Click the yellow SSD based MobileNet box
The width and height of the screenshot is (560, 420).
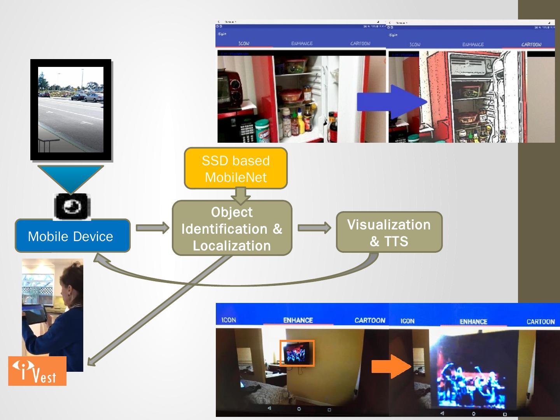point(236,168)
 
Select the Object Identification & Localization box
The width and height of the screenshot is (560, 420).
point(232,228)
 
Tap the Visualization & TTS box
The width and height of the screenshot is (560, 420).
point(389,232)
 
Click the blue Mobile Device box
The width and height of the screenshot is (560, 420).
point(72,236)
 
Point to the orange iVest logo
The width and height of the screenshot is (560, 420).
point(37,371)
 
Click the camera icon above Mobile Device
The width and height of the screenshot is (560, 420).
point(72,206)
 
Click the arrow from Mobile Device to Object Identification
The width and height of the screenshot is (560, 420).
point(152,228)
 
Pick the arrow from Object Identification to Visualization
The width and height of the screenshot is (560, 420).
point(314,228)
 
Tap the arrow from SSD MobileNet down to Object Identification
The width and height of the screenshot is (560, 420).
point(241,196)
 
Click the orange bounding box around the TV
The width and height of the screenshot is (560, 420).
point(297,353)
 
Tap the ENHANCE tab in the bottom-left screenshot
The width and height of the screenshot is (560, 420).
point(298,320)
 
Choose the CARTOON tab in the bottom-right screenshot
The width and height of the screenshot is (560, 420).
point(540,322)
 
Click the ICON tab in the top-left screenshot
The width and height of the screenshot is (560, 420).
point(244,43)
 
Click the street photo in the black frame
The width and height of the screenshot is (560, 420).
point(71,109)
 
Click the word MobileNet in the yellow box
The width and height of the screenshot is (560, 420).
point(236,177)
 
